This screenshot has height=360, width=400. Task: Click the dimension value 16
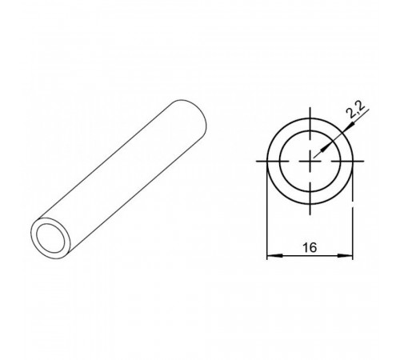tap(310, 247)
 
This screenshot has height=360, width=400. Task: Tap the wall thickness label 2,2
tap(356, 110)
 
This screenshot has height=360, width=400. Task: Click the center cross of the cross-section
tap(310, 161)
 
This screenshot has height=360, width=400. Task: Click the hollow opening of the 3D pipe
tap(50, 238)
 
